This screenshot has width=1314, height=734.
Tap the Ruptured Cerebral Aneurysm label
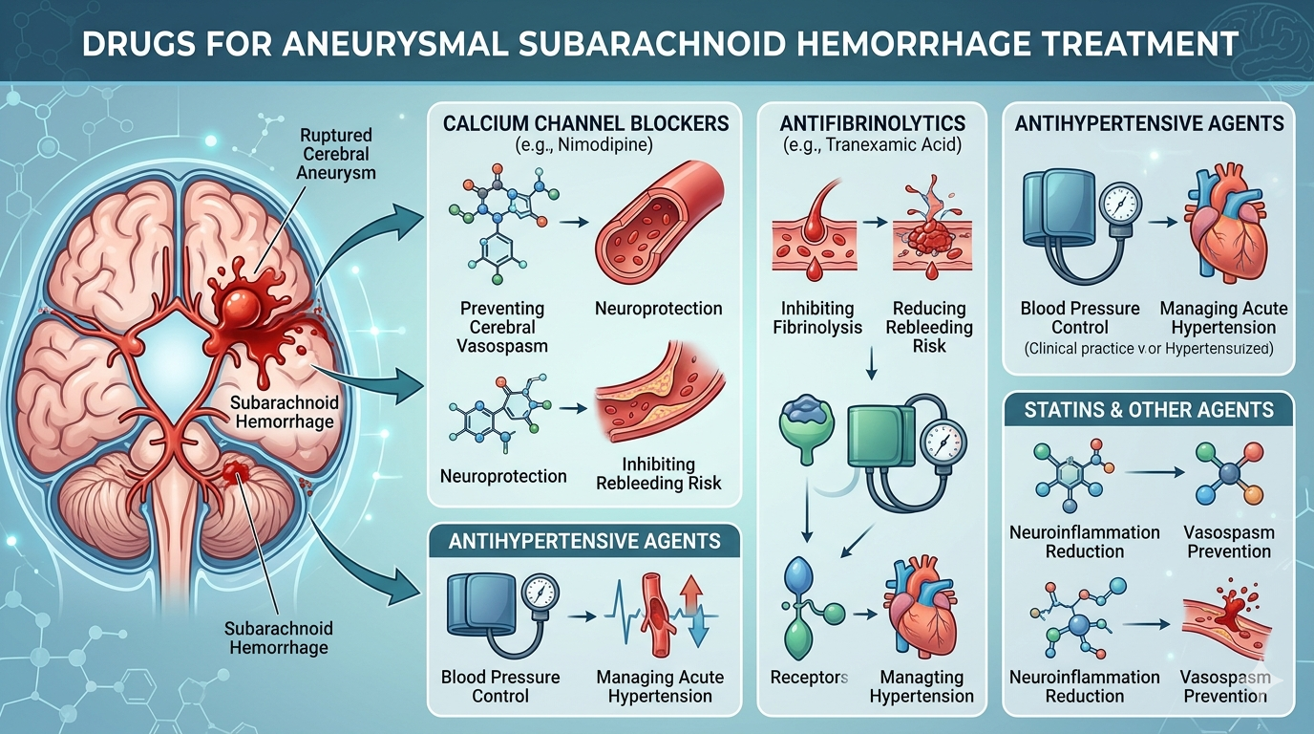click(x=335, y=154)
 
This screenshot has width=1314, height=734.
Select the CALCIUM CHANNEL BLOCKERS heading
click(x=585, y=123)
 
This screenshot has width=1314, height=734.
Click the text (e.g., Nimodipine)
click(x=583, y=144)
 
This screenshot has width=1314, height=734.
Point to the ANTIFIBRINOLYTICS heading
click(x=872, y=123)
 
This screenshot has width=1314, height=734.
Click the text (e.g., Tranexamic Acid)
click(x=872, y=144)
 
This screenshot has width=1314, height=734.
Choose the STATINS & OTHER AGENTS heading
click(x=1149, y=410)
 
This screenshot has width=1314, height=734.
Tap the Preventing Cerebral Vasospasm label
click(x=502, y=327)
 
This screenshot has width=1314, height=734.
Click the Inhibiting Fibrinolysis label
click(x=817, y=317)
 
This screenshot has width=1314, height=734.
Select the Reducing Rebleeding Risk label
click(x=929, y=327)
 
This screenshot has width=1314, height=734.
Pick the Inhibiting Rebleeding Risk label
click(x=658, y=474)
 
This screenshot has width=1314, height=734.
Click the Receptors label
click(x=809, y=677)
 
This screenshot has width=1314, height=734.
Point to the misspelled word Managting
click(x=922, y=677)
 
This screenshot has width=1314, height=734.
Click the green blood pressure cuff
click(x=881, y=437)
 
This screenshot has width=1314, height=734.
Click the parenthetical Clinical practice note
click(x=1149, y=349)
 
